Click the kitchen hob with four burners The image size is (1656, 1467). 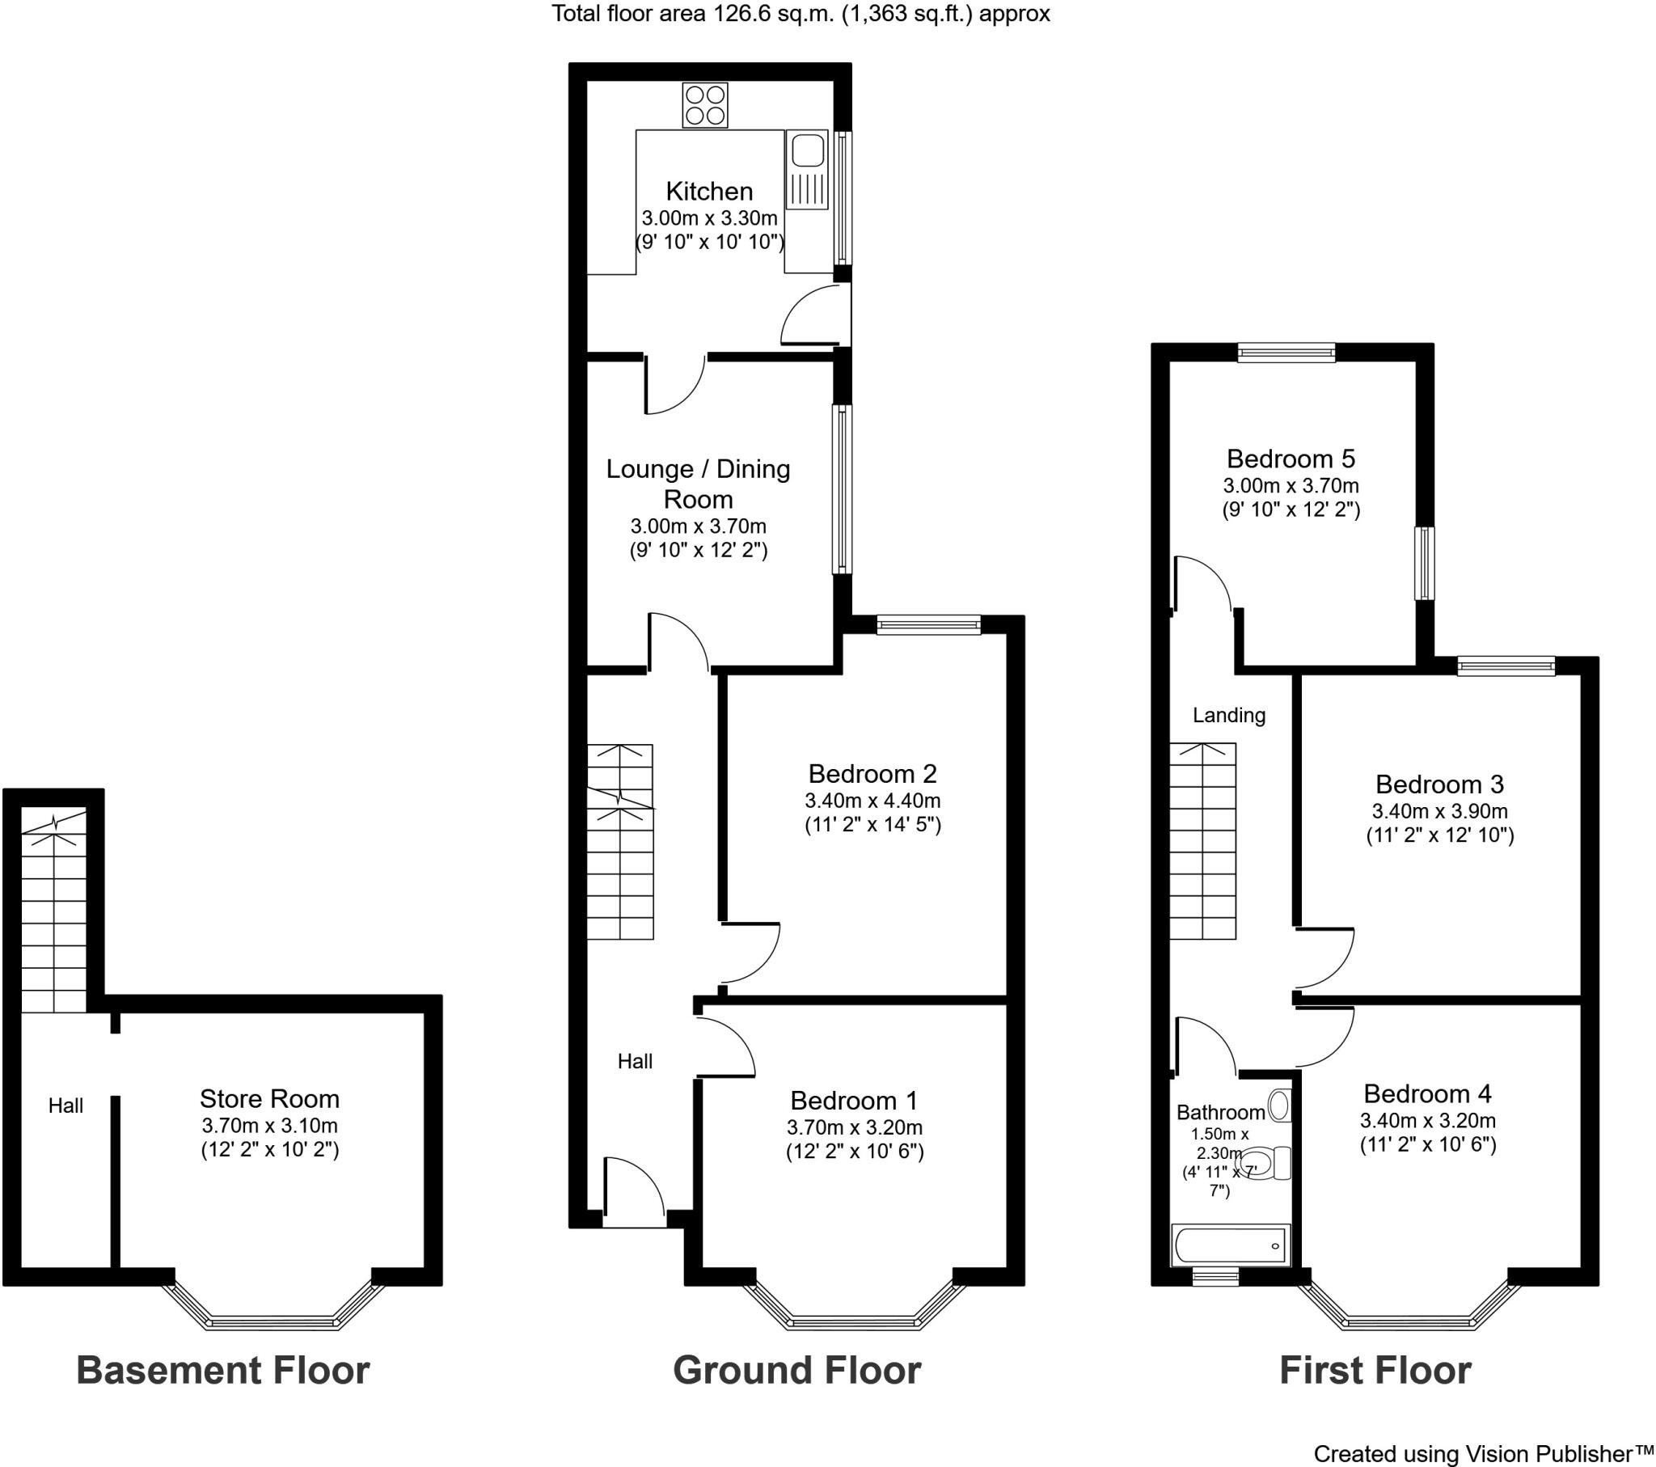tap(705, 105)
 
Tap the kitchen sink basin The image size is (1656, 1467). tap(807, 151)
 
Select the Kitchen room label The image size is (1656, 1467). tap(710, 192)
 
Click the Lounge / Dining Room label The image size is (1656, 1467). tap(699, 484)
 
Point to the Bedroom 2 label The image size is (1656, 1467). tap(872, 773)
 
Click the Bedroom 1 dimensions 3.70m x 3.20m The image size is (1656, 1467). tap(855, 1127)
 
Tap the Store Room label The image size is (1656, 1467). tap(270, 1099)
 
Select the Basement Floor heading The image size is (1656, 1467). tap(223, 1370)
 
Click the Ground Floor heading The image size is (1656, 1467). tap(797, 1370)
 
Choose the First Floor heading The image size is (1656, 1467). tap(1375, 1370)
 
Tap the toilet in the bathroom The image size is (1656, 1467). tap(1267, 1163)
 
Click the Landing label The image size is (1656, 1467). tap(1229, 715)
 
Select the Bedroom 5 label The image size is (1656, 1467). tap(1291, 459)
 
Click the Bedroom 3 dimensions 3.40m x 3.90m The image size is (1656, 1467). tap(1439, 811)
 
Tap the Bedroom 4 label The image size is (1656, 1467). tap(1427, 1094)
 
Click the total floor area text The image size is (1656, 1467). tap(801, 14)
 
